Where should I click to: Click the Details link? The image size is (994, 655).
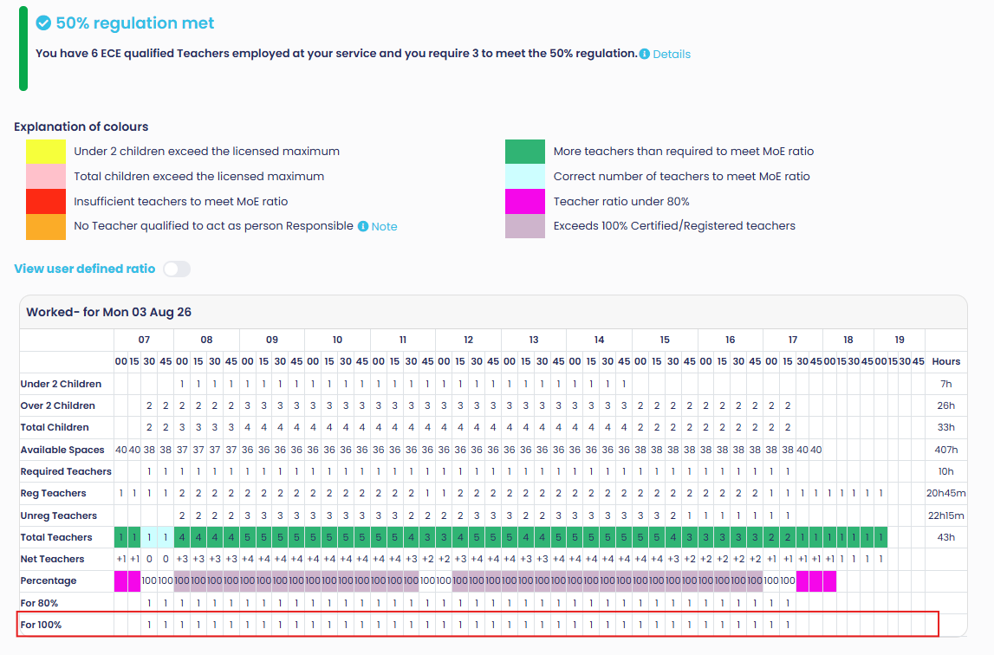point(672,55)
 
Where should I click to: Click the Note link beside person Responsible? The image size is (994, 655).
point(384,226)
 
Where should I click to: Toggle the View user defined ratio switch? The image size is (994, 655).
point(177,269)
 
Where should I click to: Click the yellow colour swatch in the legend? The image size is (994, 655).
point(46,152)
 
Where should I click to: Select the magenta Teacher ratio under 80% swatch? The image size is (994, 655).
point(525,202)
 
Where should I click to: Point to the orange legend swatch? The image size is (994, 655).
point(46,226)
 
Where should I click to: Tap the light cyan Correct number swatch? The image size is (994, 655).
point(525,176)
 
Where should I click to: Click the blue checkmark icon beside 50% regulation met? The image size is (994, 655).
point(43,23)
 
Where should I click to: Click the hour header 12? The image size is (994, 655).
point(469,340)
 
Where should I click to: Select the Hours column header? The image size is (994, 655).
point(945,361)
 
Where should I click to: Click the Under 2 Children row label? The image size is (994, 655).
point(61,384)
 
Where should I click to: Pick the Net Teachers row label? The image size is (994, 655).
point(52,559)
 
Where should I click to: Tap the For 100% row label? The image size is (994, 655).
point(41,625)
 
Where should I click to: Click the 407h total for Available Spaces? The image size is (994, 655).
point(945,450)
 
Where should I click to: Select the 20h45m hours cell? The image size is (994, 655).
point(945,493)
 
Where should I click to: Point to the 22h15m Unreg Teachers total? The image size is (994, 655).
point(945,516)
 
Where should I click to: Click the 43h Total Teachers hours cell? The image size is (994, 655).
point(945,537)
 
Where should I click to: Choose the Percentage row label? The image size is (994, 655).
point(49,580)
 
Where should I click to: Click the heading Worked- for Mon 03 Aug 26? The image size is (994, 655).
point(108,312)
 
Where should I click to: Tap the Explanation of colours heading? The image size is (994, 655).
point(81,126)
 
